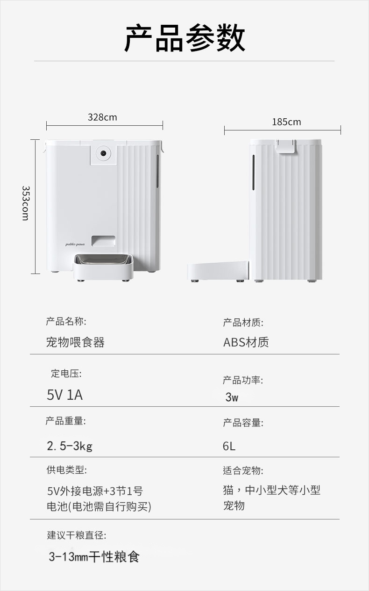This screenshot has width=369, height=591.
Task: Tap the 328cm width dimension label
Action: point(102,117)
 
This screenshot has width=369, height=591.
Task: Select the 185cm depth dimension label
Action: point(286,122)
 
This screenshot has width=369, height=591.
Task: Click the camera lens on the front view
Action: point(103,153)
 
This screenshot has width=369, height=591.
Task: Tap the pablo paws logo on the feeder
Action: point(74,244)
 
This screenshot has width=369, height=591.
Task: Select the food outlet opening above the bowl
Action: point(102,240)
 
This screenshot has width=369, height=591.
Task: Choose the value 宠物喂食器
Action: point(75,342)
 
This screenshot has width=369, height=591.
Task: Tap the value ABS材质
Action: point(246,342)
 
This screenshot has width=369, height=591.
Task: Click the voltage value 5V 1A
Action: point(64,395)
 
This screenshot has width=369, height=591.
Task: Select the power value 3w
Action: point(232,397)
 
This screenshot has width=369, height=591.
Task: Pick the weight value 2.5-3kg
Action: point(70,446)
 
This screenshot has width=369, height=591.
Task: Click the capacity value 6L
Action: point(229,446)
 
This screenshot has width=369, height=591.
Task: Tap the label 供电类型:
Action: point(66,470)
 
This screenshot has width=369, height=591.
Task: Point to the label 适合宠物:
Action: point(243,470)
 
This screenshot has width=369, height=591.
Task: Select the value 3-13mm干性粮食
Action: point(94,557)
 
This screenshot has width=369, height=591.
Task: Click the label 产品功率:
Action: point(243,381)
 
